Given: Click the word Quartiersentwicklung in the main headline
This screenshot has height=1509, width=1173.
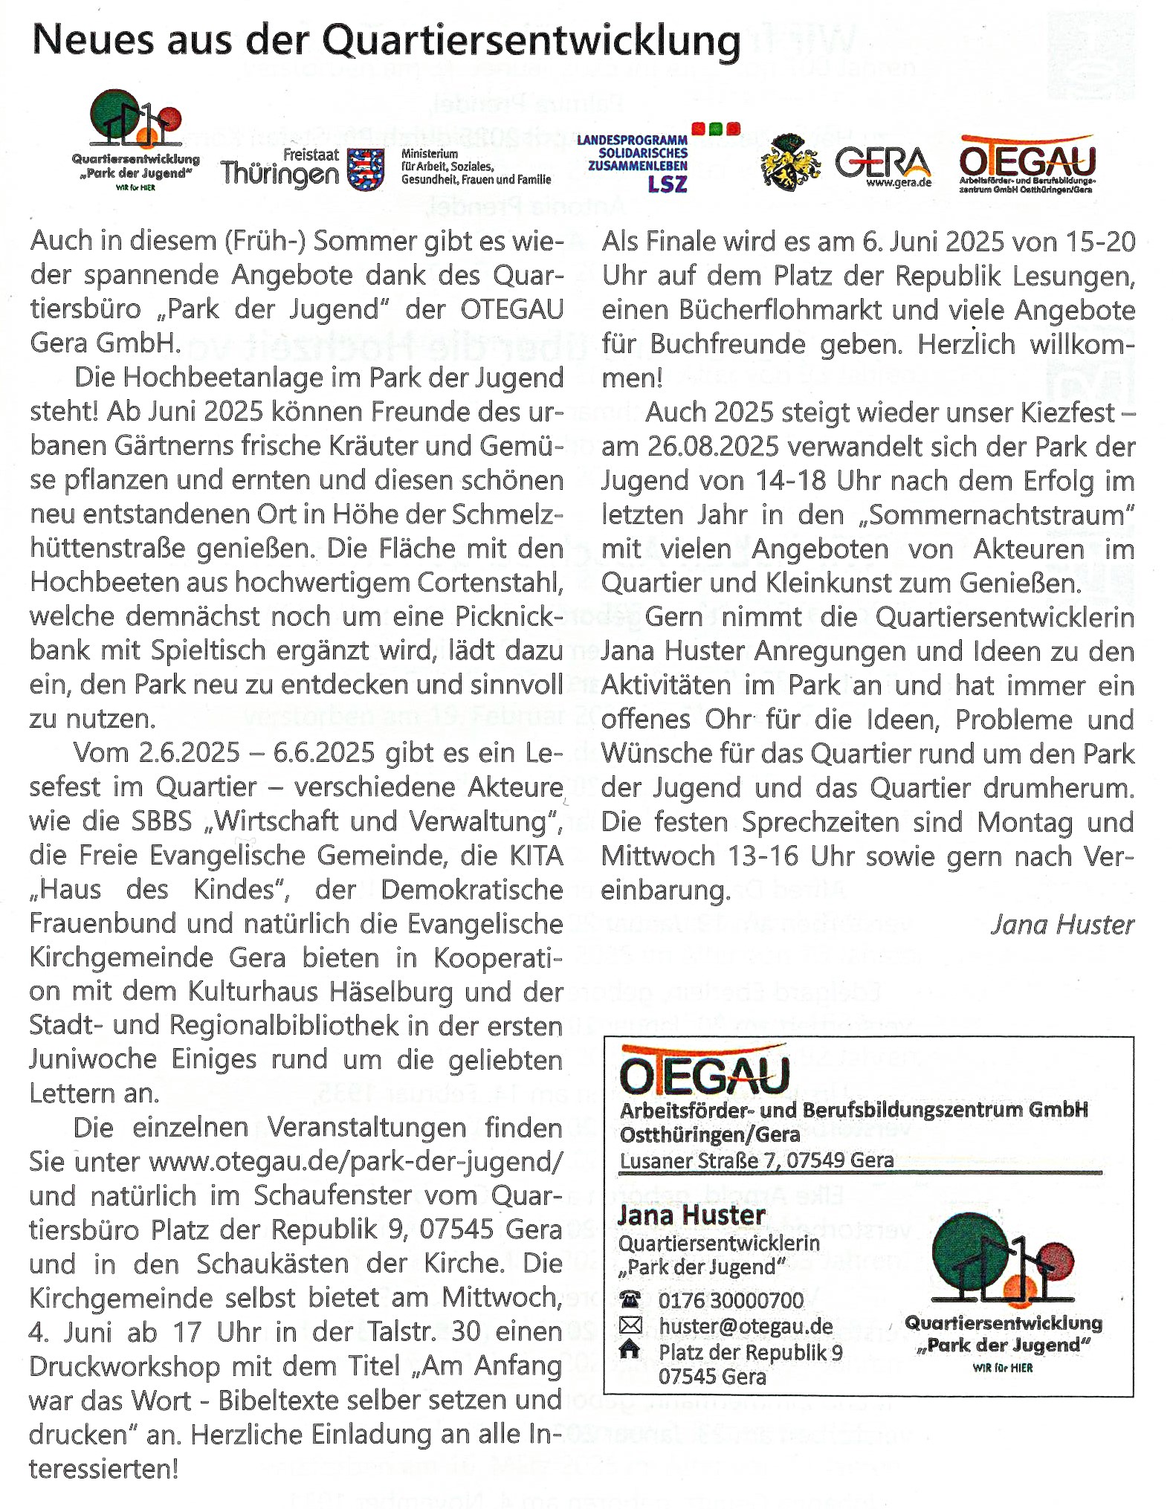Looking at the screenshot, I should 531,42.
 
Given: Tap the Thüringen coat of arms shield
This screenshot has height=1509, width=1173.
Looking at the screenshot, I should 366,169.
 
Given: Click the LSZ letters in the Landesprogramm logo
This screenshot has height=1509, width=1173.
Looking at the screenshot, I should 667,184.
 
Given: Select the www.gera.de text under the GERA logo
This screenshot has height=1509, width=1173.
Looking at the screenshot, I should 898,183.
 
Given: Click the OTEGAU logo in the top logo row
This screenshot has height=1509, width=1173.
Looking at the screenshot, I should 1027,160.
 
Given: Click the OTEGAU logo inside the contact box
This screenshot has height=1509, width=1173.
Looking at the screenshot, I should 703,1071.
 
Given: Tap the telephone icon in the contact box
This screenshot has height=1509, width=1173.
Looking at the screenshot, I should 630,1299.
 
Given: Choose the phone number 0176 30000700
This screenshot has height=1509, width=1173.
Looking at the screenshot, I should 731,1300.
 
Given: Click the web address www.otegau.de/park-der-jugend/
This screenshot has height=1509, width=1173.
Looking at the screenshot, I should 355,1161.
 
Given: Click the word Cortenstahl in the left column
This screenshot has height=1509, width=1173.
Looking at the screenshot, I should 490,582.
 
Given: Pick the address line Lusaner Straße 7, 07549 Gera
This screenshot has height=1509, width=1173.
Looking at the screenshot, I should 756,1160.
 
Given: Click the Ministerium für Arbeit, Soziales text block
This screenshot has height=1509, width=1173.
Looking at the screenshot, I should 476,167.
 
